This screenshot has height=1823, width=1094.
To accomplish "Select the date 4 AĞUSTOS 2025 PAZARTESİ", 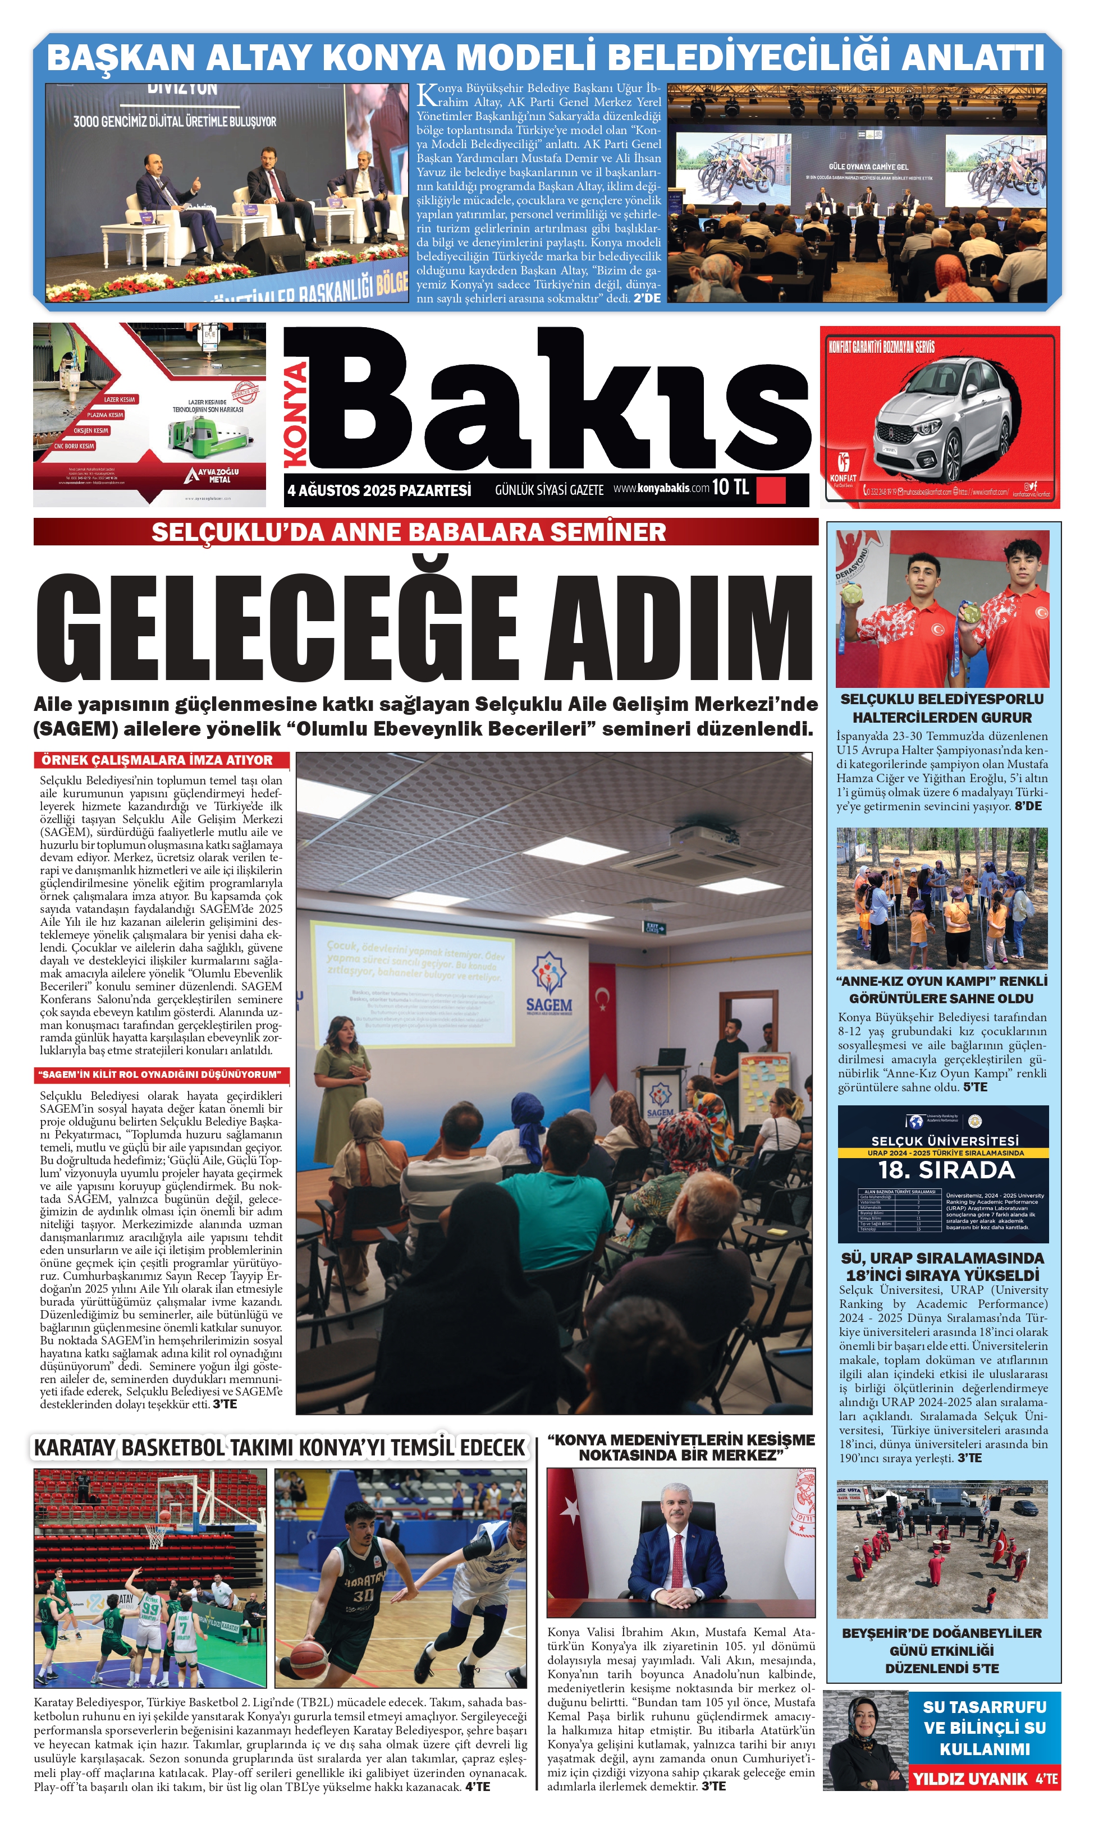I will [x=379, y=490].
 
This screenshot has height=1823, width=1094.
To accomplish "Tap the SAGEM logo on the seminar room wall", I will [x=548, y=983].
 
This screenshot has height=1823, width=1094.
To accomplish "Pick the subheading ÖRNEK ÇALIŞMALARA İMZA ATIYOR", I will [x=157, y=760].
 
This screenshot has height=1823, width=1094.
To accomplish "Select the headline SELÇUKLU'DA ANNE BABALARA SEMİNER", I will [x=409, y=532].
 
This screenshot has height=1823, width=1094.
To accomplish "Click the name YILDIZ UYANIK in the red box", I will [x=969, y=1779].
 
